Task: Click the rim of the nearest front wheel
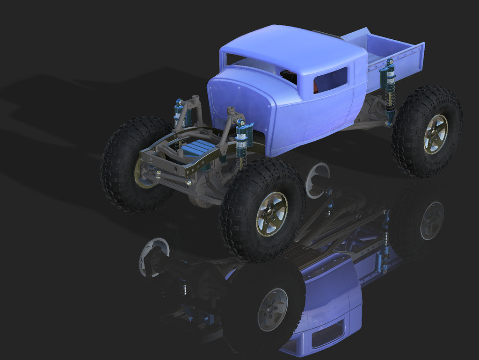271,214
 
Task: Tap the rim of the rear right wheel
435,134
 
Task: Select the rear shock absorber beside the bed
388,91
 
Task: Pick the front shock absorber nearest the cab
242,143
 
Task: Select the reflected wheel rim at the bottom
272,309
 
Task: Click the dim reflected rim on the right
431,220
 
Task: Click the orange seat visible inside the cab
316,86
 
